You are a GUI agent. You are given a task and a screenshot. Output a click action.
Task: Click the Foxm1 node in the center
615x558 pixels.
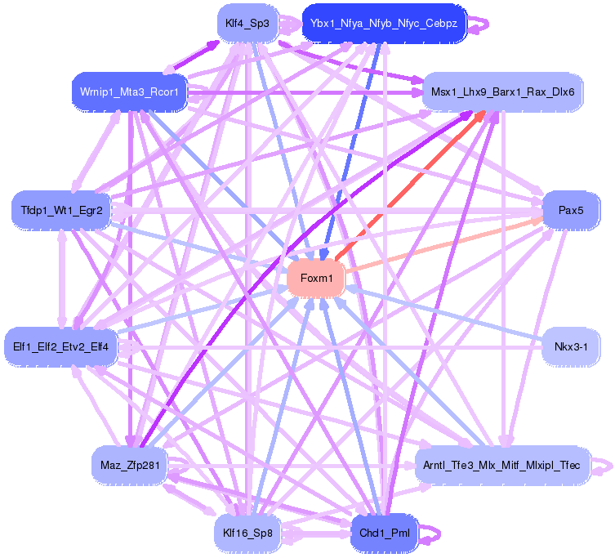coord(317,279)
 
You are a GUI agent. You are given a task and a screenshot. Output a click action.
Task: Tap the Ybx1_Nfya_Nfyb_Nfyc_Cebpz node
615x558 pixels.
coord(383,23)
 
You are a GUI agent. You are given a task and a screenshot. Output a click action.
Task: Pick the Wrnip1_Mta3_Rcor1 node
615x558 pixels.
coord(130,91)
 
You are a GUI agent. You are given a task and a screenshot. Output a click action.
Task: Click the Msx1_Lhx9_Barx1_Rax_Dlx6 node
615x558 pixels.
coord(502,92)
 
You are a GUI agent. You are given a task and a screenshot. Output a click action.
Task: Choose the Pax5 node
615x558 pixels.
coord(571,210)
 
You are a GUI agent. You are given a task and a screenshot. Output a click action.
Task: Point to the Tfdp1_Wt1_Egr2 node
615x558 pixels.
coord(61,210)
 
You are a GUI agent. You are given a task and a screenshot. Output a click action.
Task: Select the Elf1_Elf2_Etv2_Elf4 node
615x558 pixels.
coord(61,346)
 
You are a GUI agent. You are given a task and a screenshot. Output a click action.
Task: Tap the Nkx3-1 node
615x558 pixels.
coord(577,347)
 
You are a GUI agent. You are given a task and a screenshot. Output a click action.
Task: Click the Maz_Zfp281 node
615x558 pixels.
coord(130,465)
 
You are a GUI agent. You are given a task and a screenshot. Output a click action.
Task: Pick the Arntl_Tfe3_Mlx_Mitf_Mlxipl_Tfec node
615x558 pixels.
coord(502,465)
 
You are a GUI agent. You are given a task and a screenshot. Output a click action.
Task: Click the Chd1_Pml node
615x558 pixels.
coord(384,534)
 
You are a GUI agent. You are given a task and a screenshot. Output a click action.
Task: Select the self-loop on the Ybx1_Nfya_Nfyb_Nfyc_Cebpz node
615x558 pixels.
coord(481,23)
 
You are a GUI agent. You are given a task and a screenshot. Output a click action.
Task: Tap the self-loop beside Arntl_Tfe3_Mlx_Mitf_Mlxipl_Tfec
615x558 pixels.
coord(603,465)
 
